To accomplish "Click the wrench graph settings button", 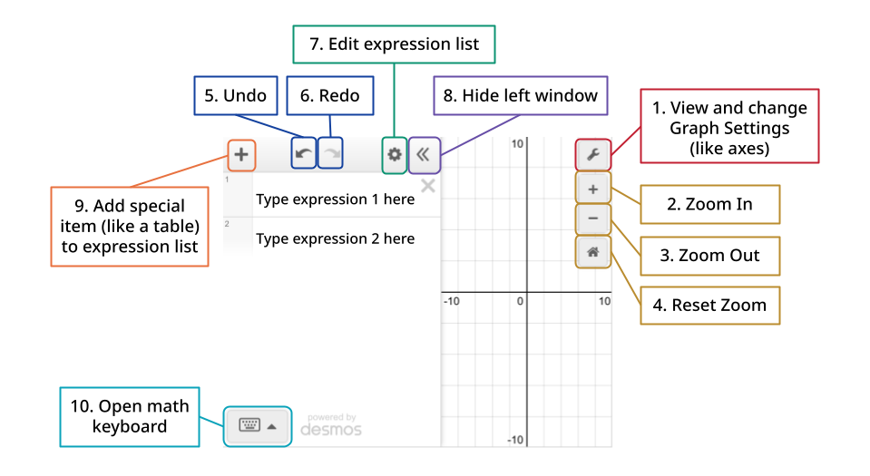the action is pyautogui.click(x=593, y=154).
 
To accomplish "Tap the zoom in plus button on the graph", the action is pyautogui.click(x=593, y=189).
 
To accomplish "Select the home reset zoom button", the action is pyautogui.click(x=593, y=252).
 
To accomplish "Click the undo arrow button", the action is pyautogui.click(x=304, y=153).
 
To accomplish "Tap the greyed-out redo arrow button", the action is pyautogui.click(x=331, y=153).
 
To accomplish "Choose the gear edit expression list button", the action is pyautogui.click(x=395, y=155).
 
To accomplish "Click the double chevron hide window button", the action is pyautogui.click(x=424, y=155).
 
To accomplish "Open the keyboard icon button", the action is pyautogui.click(x=258, y=426).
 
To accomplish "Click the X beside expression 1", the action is pyautogui.click(x=428, y=186).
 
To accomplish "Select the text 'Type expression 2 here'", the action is pyautogui.click(x=335, y=238).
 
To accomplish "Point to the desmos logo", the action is pyautogui.click(x=331, y=425).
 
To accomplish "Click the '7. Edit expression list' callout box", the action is pyautogui.click(x=394, y=44).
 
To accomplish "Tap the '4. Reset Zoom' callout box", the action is pyautogui.click(x=710, y=306).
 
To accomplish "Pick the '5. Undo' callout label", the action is pyautogui.click(x=236, y=95).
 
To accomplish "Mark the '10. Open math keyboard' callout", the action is pyautogui.click(x=130, y=417).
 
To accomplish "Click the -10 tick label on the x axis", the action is pyautogui.click(x=452, y=301).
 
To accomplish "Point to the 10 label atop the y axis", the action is pyautogui.click(x=517, y=144).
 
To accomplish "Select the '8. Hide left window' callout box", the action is pyautogui.click(x=521, y=95).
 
